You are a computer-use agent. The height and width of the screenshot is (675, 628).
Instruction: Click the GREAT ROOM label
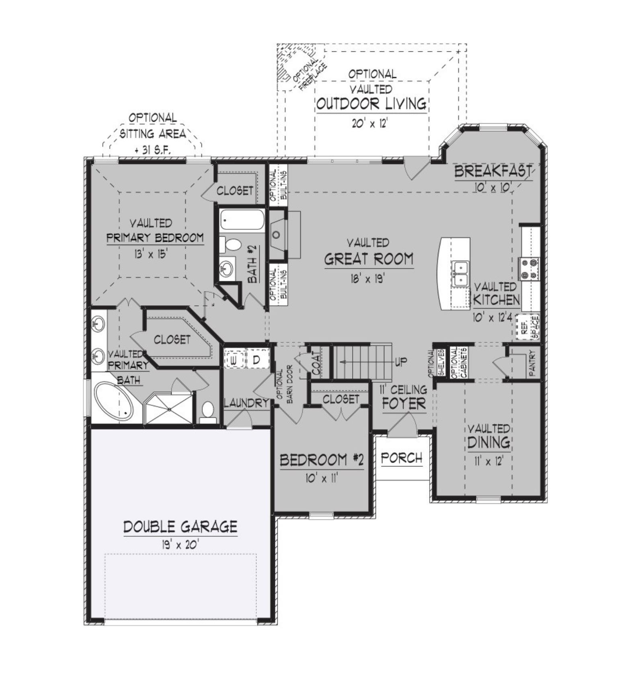click(x=369, y=259)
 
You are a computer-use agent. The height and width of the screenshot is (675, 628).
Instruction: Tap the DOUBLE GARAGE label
click(x=180, y=526)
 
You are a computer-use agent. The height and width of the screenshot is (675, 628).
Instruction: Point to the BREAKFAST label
click(x=493, y=172)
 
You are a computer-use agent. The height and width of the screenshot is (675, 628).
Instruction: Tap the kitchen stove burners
click(x=529, y=269)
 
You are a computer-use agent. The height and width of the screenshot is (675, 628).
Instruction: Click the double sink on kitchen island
click(x=461, y=273)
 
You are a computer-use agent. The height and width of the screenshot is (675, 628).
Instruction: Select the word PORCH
click(x=402, y=458)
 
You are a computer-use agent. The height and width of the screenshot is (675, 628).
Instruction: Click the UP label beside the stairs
click(x=401, y=362)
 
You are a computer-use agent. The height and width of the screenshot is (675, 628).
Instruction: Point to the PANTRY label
click(x=532, y=363)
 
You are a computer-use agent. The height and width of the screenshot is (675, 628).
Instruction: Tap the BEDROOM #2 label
click(x=322, y=460)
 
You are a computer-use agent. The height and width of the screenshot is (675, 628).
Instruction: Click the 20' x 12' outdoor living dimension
click(x=369, y=123)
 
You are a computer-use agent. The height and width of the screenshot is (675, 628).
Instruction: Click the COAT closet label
click(x=316, y=364)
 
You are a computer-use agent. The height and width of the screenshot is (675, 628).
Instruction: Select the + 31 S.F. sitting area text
click(x=152, y=150)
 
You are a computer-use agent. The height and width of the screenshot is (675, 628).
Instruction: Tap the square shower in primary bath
click(x=169, y=409)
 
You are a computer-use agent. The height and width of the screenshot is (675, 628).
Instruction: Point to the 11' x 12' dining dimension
click(x=488, y=461)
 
